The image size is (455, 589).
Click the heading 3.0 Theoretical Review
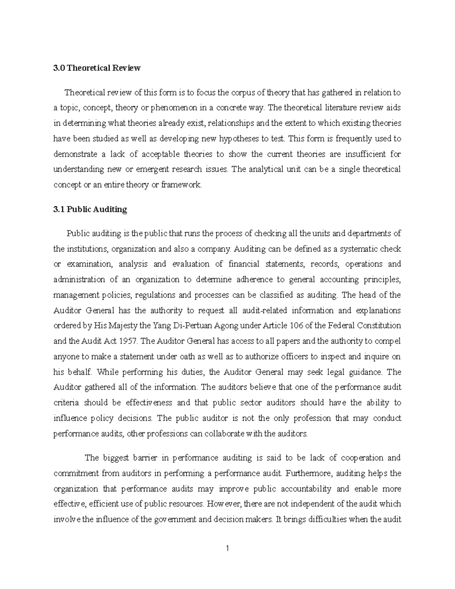coord(97,68)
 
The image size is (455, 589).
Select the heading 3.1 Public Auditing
coord(90,209)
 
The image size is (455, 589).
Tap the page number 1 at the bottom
coord(227,549)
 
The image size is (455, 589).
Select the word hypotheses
coord(240,139)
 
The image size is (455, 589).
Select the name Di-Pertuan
coord(193,326)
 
